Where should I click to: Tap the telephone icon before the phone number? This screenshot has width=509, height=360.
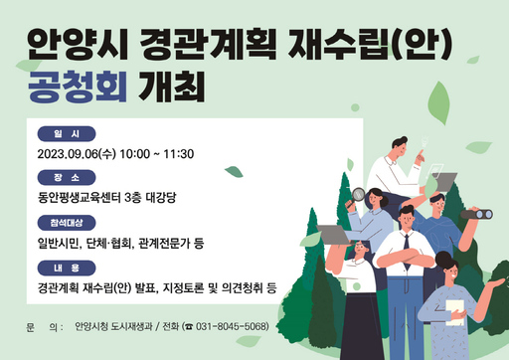(188, 326)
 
